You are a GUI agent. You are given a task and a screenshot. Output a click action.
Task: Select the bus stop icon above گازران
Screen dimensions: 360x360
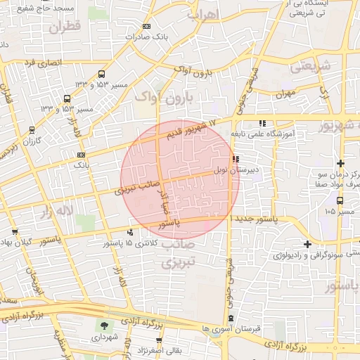click(32, 129)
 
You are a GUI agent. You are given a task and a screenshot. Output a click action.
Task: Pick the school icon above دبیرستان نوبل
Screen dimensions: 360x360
click(235, 159)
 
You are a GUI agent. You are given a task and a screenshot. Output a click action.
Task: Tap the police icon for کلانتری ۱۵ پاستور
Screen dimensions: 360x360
click(129, 233)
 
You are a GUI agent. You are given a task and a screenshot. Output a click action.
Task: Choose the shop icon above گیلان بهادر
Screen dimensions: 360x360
click(15, 231)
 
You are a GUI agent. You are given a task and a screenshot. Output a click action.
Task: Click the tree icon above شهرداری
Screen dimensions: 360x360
click(105, 326)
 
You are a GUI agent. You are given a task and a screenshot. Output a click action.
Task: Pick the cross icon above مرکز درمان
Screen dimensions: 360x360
click(340, 163)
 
